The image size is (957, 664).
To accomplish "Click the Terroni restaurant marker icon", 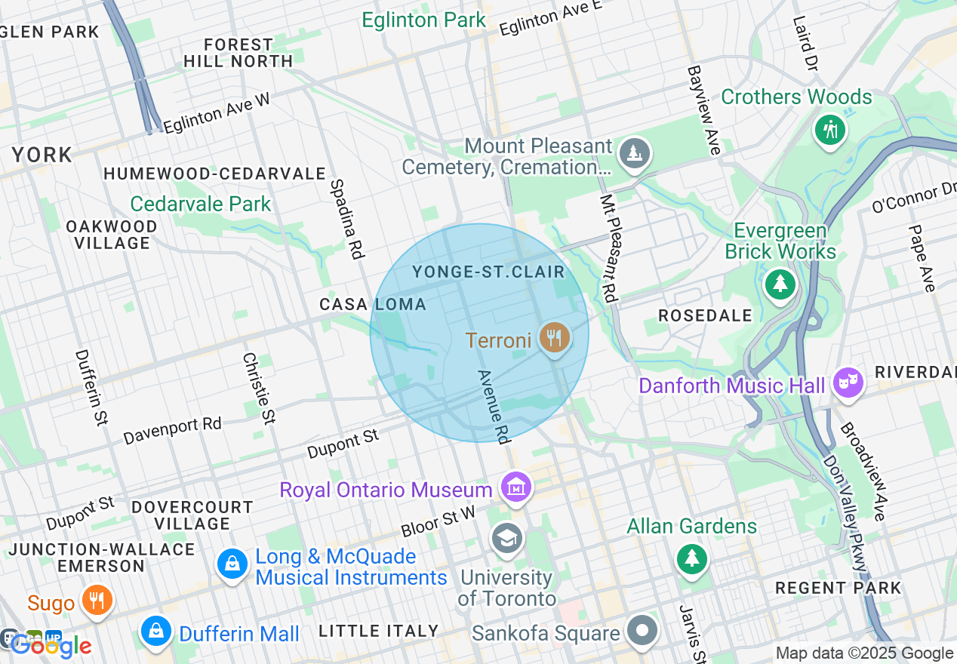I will (555, 337).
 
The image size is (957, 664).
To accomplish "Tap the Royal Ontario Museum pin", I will (516, 487).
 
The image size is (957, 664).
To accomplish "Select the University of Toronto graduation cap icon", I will (506, 539).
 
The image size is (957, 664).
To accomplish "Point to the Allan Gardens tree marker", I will (691, 559).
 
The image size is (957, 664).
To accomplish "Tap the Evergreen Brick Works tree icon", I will (780, 284).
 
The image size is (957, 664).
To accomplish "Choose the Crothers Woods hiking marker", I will (830, 131).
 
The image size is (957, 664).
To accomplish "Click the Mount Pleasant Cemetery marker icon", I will (634, 154).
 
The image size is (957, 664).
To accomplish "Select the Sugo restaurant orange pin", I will (97, 600).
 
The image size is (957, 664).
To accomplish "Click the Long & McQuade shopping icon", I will (232, 564).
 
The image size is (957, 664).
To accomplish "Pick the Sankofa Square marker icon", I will (642, 631).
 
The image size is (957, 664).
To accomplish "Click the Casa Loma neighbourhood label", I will (373, 304).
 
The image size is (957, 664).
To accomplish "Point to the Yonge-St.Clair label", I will (488, 271).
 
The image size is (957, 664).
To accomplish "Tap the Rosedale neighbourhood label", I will (705, 315).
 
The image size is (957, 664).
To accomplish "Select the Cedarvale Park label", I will (200, 204).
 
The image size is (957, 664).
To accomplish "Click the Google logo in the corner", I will (50, 645).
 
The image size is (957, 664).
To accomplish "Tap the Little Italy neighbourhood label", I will (379, 631).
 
